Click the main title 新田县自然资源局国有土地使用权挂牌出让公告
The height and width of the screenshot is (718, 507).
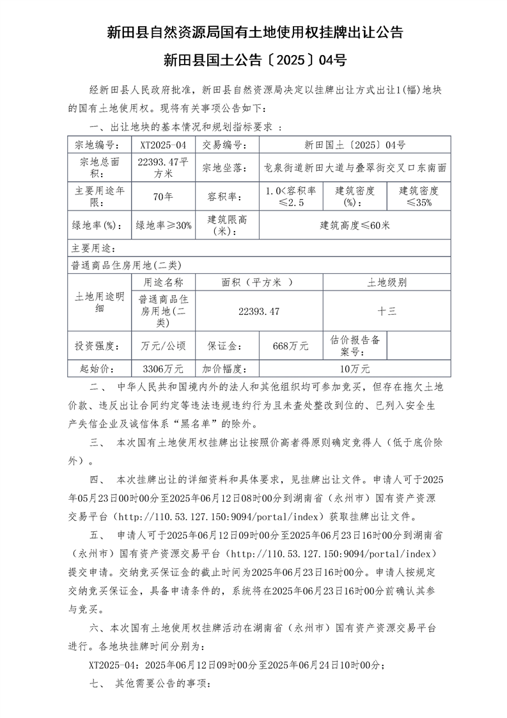pos(254,33)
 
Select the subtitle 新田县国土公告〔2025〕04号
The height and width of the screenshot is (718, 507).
pos(254,61)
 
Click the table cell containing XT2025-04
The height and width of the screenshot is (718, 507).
pos(163,145)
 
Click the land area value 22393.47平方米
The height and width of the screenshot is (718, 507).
pos(163,168)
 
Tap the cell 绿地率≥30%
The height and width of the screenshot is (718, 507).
pos(163,225)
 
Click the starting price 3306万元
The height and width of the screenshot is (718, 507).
pos(163,369)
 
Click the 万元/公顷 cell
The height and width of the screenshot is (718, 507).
pos(163,346)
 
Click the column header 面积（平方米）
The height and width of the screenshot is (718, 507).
pos(258,282)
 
